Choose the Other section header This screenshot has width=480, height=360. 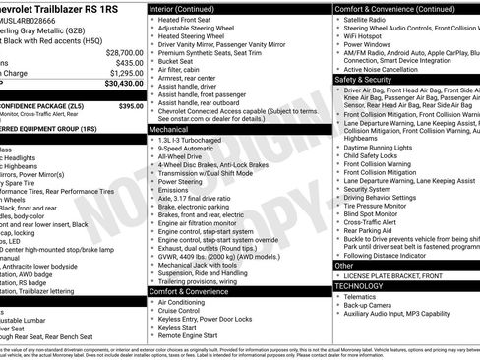[344, 265]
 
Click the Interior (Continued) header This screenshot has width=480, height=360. [190, 8]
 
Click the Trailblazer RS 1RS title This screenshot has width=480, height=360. [69, 8]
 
